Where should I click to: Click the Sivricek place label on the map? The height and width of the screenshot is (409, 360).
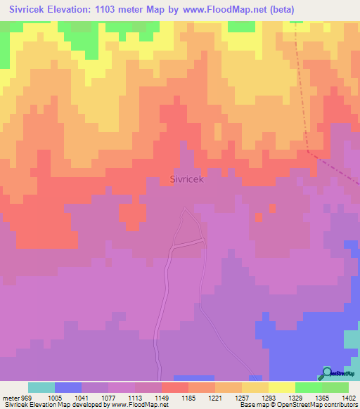coord(187,179)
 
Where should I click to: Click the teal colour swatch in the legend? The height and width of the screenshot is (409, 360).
coord(41,387)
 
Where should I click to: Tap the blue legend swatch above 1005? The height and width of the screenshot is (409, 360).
coord(68,387)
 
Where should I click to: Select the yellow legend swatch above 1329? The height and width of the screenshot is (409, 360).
coord(282,387)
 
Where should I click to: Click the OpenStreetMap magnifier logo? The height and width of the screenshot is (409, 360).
coord(327,373)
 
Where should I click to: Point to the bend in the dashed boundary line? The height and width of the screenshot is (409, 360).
coord(309,150)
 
